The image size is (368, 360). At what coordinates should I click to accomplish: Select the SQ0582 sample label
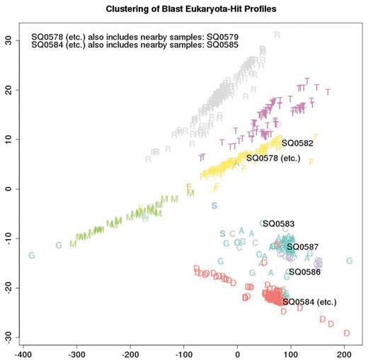[x=297, y=143]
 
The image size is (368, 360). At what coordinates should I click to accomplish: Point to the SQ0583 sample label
[x=277, y=224]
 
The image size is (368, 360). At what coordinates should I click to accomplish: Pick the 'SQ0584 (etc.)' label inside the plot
[x=309, y=302]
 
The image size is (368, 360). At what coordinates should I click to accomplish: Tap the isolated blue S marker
[x=214, y=206]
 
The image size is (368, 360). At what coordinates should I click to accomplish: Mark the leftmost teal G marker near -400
[x=31, y=255]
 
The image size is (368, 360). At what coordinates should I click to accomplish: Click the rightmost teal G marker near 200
[x=349, y=261]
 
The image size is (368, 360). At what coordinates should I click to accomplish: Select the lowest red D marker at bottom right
[x=346, y=333]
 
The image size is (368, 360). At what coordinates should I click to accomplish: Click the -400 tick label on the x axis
[x=23, y=352]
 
